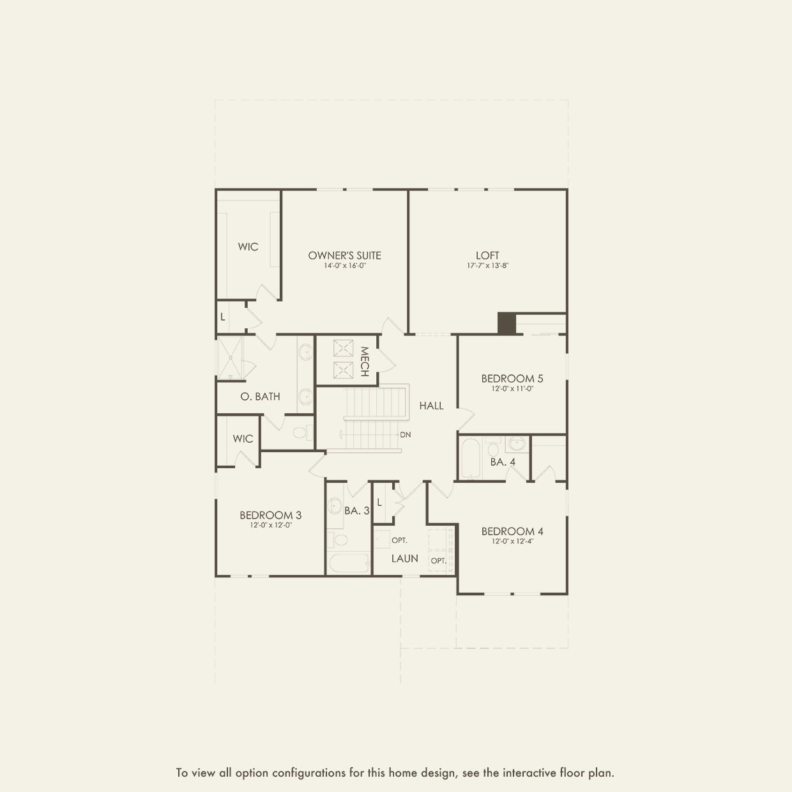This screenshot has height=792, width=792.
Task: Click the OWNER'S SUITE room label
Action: click(344, 255)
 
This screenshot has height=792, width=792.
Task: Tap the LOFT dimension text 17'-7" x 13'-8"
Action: click(487, 266)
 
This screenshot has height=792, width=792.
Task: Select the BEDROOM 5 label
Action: click(512, 379)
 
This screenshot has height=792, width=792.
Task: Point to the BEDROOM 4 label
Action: click(512, 531)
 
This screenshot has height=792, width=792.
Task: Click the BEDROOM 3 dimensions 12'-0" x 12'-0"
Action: click(271, 525)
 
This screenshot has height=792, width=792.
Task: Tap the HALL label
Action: click(431, 406)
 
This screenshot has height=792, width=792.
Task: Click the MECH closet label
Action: click(364, 362)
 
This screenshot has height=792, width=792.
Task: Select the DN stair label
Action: click(405, 434)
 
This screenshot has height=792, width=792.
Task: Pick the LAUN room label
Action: click(404, 558)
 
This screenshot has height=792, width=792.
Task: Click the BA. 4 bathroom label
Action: click(503, 462)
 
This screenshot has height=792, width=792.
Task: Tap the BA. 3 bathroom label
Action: click(357, 510)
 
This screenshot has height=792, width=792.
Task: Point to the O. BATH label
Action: click(260, 397)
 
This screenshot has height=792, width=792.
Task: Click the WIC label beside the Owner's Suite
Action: click(248, 247)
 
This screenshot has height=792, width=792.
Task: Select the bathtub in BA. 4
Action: click(470, 458)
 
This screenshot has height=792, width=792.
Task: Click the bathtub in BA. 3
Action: click(349, 563)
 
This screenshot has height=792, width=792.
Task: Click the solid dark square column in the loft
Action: click(506, 323)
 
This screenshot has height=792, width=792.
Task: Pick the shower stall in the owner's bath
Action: click(230, 358)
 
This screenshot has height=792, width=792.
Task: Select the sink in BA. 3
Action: click(335, 505)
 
